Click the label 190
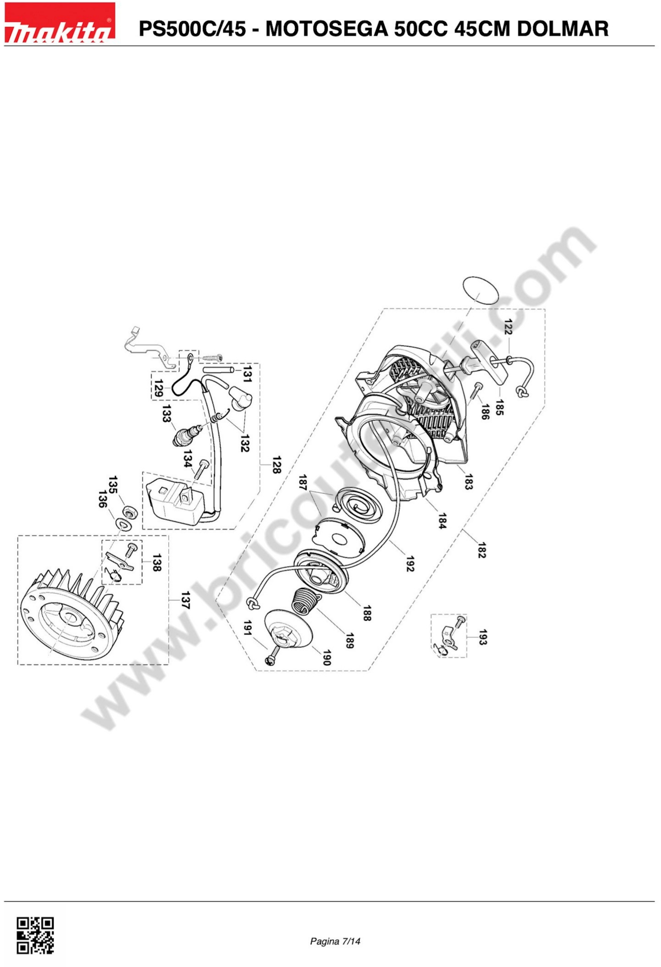(x=327, y=658)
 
